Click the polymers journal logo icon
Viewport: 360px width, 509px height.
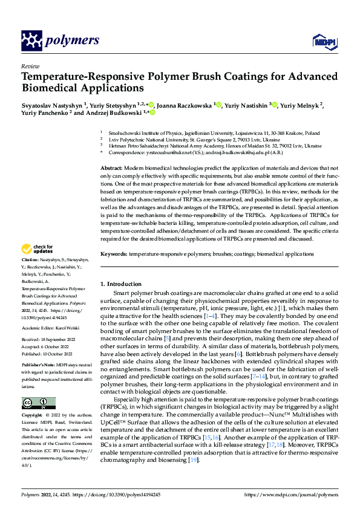pos(32,41)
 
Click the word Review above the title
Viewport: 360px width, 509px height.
pos(30,66)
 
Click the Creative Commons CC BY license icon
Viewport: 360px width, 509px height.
pos(38,403)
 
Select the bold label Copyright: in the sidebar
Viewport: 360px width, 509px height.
pos(32,415)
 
